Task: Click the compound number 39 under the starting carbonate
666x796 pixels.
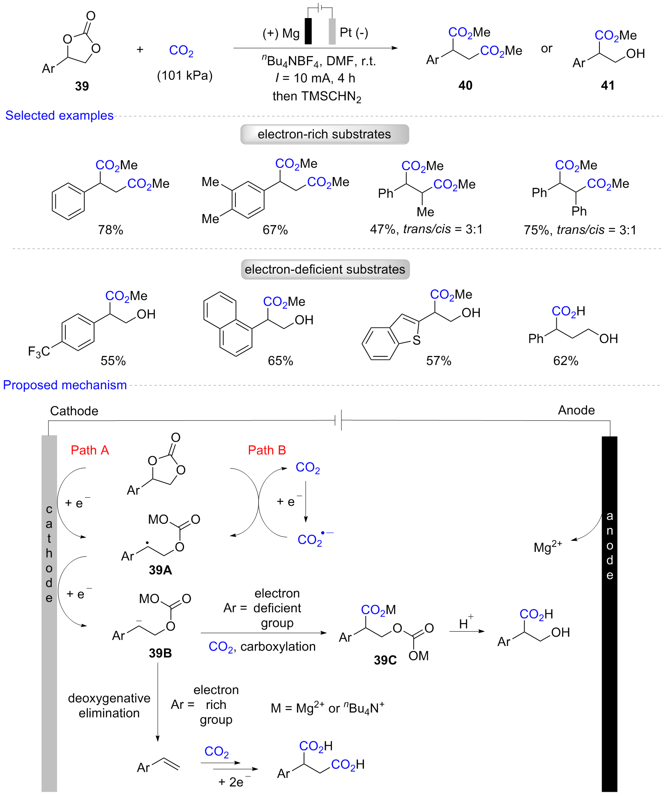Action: pos(82,86)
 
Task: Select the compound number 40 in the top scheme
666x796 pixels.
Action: pos(465,85)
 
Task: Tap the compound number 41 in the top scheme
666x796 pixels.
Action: pos(607,85)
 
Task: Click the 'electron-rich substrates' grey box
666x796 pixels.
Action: pos(325,134)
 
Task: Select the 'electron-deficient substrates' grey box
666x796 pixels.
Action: pos(325,270)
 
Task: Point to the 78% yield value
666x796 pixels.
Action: pos(111,230)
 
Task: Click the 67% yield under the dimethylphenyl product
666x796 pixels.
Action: pos(275,230)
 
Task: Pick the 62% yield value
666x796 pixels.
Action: pos(565,361)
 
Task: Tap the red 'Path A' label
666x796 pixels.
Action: pos(90,450)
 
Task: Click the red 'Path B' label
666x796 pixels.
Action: pos(267,450)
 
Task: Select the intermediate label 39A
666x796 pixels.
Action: pos(160,570)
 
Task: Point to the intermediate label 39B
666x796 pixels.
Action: pos(160,653)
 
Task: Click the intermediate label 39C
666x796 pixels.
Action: pos(385,660)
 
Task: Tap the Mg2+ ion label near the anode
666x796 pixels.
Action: pos(547,547)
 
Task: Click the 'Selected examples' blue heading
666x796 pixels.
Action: pos(59,115)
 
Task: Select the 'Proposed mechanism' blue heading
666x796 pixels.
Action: pos(65,385)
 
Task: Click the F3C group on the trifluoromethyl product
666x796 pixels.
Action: pos(39,352)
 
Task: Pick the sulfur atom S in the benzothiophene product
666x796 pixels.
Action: pos(417,340)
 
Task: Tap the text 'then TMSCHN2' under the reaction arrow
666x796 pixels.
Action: pos(317,97)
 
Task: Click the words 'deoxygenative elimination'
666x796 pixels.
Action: pos(109,705)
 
